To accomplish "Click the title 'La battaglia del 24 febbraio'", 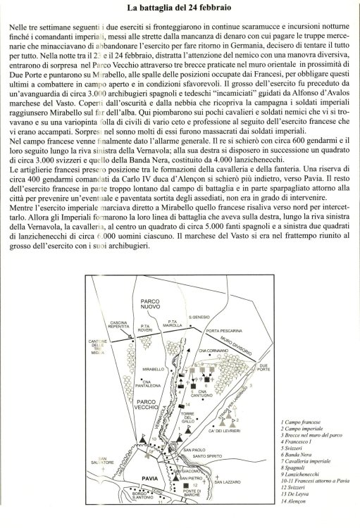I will pos(180,8).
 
